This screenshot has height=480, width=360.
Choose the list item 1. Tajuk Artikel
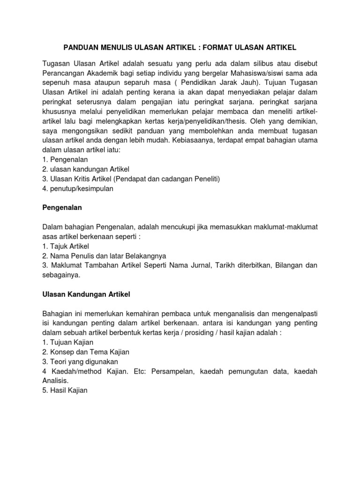66,246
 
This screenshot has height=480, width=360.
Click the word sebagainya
61,275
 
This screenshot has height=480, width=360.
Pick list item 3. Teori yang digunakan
80,361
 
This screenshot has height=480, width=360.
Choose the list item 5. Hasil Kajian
65,390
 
